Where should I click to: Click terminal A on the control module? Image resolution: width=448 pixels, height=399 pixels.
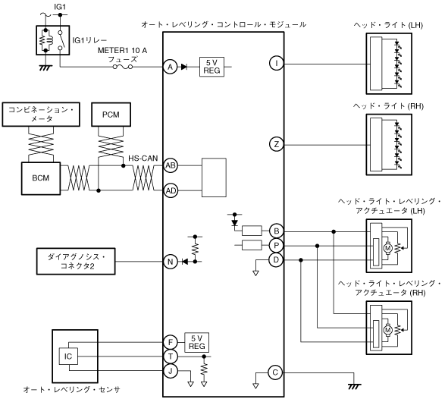(x=171, y=68)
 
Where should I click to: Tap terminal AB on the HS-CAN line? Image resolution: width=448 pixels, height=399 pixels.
(x=171, y=165)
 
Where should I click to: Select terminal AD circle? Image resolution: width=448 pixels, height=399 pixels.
(x=171, y=190)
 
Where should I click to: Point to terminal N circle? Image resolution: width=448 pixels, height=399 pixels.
(x=171, y=262)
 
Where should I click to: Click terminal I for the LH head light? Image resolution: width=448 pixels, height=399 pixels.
(x=276, y=63)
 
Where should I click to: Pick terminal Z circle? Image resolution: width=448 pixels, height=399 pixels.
(x=276, y=144)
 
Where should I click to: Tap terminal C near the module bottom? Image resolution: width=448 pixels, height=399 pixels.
(x=275, y=372)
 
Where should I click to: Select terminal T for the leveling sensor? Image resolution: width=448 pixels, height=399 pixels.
(x=171, y=357)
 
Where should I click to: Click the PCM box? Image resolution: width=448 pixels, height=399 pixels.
(x=111, y=115)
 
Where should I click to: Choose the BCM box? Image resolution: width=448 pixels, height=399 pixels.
(x=41, y=178)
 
